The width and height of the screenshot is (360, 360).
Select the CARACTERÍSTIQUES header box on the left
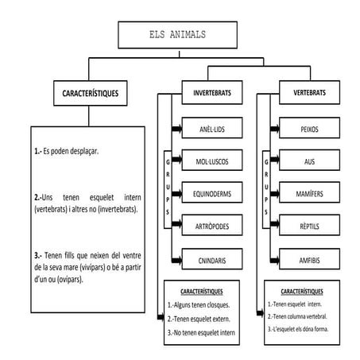(x=90, y=94)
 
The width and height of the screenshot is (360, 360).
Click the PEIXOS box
(x=310, y=129)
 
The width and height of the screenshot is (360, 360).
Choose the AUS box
(x=310, y=161)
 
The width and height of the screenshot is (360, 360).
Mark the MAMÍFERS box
(x=310, y=193)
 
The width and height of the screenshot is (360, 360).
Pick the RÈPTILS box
(x=310, y=226)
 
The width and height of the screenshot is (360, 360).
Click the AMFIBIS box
(x=310, y=259)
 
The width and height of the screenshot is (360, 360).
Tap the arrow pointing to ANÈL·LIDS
(x=176, y=129)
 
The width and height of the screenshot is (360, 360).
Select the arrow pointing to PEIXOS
(x=270, y=129)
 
